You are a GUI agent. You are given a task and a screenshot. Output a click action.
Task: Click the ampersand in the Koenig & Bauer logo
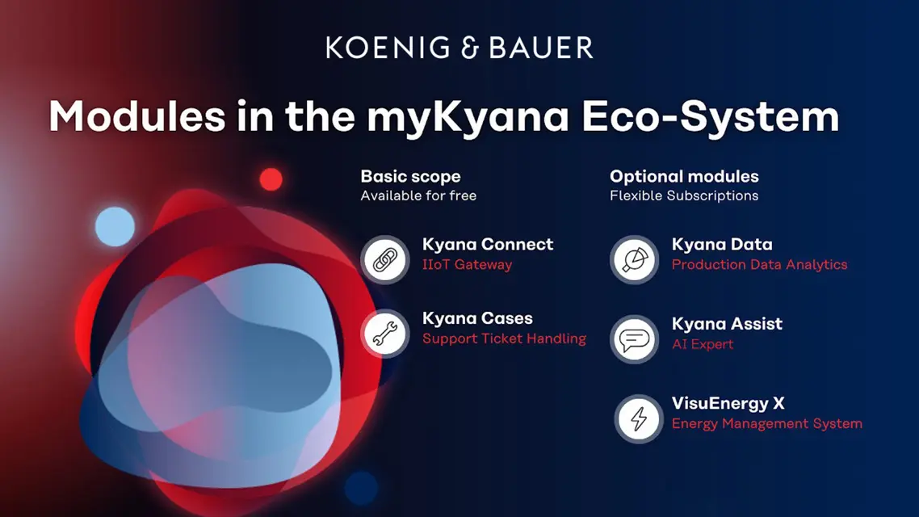tap(470, 48)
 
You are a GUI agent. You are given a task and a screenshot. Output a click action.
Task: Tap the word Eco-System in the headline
tap(711, 116)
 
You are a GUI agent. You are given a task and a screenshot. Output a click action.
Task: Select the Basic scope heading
tap(410, 176)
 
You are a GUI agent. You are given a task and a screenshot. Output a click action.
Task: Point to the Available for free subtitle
tap(418, 195)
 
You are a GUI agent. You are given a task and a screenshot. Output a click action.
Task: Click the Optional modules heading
tap(684, 176)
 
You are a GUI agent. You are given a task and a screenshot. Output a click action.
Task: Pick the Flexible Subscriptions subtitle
tap(684, 195)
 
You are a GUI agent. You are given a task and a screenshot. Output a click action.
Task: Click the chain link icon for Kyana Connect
tap(385, 259)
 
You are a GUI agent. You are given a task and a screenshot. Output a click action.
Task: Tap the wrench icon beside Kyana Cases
tap(385, 334)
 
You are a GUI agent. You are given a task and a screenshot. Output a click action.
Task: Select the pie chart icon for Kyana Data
tap(635, 259)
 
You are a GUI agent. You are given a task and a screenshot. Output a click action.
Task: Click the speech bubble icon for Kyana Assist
tap(635, 339)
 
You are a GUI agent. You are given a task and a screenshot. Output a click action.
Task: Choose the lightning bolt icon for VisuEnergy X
tap(638, 418)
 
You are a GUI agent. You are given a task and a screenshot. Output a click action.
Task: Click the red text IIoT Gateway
tap(467, 265)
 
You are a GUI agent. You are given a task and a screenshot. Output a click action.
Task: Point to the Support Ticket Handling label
tap(504, 338)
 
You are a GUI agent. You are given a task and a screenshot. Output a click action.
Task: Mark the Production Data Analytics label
tap(760, 265)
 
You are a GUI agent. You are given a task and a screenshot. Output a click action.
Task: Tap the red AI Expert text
tap(702, 344)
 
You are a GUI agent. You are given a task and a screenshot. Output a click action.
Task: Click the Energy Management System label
tap(766, 424)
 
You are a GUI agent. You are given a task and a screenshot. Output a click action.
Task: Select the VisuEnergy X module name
tap(728, 403)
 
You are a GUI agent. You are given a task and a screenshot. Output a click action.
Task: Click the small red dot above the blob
tap(271, 179)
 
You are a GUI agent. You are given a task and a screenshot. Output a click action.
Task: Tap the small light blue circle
tap(115, 226)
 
